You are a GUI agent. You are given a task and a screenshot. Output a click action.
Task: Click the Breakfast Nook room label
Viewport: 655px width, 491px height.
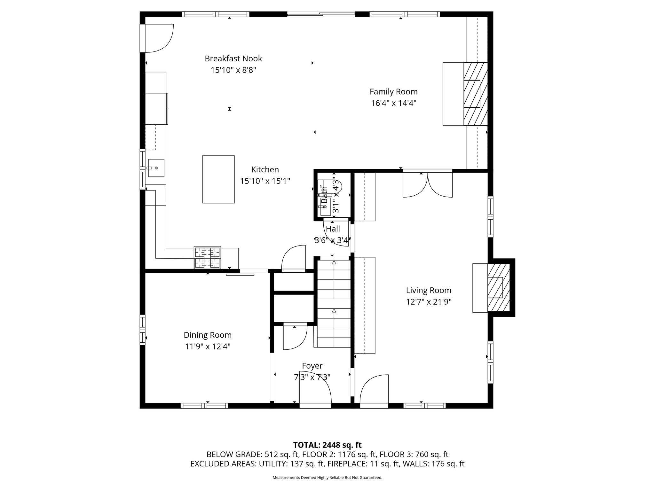pos(233,58)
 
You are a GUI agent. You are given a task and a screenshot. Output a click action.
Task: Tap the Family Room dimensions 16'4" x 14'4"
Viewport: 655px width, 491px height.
pos(393,103)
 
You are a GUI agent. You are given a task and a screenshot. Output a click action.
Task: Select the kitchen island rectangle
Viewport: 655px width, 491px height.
pos(218,179)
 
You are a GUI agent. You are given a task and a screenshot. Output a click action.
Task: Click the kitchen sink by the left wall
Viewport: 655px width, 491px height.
pos(156,168)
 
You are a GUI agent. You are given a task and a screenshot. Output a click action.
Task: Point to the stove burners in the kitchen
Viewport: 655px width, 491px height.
pos(207,257)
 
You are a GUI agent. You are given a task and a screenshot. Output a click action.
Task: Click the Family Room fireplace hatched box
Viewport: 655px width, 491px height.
pos(476,94)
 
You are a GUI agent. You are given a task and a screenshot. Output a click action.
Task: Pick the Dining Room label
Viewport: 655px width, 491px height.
pos(208,335)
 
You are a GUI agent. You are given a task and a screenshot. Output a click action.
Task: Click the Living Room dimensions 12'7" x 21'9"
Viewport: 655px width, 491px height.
pos(429,302)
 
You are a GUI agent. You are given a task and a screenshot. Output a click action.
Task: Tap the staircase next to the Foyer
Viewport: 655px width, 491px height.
pos(334,304)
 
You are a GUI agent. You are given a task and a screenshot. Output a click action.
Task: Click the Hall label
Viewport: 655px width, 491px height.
pos(333,229)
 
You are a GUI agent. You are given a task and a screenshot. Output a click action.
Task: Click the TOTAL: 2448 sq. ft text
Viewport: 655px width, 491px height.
pos(327,445)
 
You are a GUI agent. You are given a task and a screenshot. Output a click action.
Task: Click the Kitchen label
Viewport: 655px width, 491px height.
pos(265,169)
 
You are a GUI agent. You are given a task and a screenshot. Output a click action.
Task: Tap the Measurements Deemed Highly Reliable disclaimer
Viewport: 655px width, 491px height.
pos(327,478)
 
